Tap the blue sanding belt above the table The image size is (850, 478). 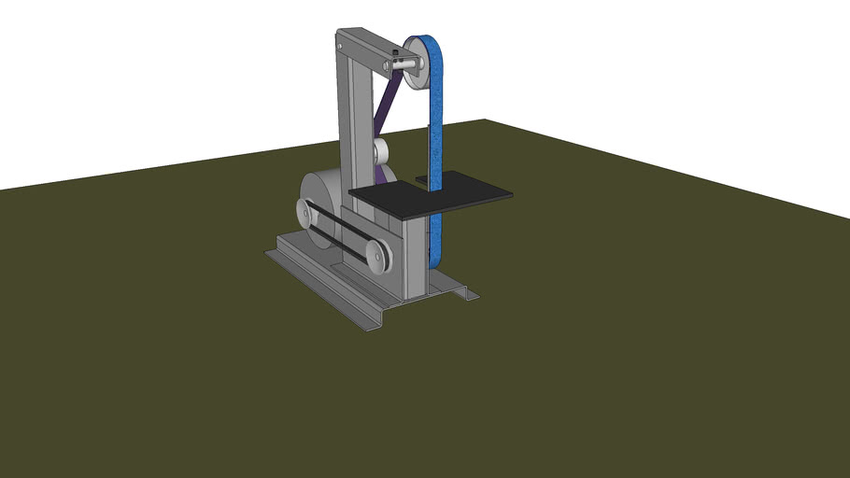coord(436,131)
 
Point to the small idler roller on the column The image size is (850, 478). coord(380,151)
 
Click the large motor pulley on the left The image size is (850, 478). coord(307,212)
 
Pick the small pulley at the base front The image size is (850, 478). coord(375,256)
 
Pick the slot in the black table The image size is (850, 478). coord(422,178)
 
